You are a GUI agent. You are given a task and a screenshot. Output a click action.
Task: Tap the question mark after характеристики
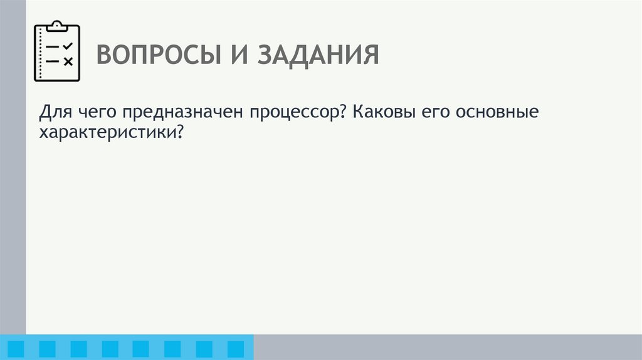(182, 132)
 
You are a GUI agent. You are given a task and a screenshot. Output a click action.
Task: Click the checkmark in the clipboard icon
(68, 46)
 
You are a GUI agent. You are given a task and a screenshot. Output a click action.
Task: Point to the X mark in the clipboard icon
(68, 61)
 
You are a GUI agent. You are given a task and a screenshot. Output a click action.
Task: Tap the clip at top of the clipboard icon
(56, 26)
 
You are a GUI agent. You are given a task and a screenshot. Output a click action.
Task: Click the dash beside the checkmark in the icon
(53, 47)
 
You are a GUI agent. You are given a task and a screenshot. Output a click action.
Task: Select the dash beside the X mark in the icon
(53, 61)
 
